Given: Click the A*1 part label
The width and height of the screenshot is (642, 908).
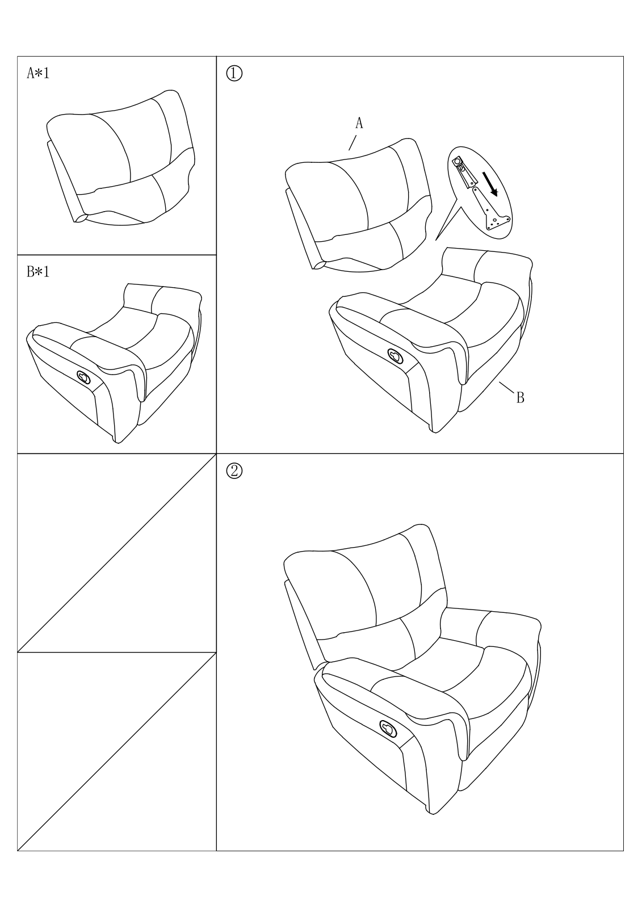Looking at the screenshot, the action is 37,73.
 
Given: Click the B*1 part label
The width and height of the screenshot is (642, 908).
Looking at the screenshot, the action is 37,272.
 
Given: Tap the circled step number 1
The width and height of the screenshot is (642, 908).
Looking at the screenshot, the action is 234,74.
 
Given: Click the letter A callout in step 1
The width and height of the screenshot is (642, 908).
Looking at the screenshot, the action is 359,123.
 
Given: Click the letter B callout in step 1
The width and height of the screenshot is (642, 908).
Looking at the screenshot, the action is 520,398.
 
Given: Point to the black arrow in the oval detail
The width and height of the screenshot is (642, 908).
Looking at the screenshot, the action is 489,184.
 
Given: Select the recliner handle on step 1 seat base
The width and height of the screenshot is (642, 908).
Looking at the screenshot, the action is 395,355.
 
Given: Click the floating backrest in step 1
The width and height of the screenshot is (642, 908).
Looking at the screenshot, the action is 359,204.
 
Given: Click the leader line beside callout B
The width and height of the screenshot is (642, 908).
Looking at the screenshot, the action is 506,387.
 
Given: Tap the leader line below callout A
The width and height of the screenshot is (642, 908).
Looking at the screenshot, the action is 353,142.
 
